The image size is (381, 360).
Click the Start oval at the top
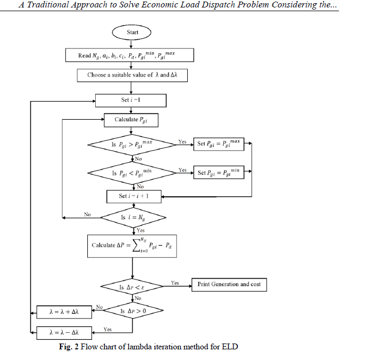132,32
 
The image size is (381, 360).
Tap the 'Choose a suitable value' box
131,75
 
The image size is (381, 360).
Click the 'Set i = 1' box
130,100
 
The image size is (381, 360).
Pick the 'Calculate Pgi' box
130,120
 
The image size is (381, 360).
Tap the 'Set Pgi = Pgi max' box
218,144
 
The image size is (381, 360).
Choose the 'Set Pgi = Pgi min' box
218,172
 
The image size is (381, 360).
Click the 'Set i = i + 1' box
134,196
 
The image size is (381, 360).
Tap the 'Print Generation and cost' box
229,284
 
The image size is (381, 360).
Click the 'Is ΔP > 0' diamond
132,311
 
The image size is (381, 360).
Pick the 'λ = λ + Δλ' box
63,312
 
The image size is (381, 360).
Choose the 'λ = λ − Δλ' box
63,333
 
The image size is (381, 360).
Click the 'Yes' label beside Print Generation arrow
175,283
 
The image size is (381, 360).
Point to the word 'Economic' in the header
161,5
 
